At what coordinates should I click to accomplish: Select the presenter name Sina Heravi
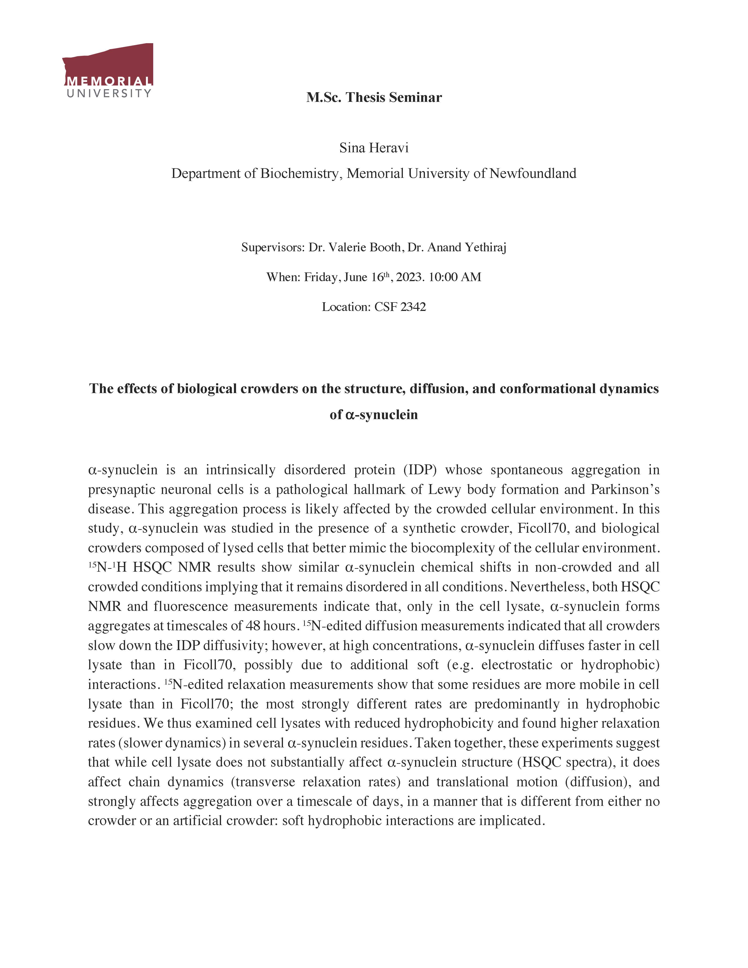tap(374, 148)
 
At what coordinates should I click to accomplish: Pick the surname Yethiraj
tap(485, 247)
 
